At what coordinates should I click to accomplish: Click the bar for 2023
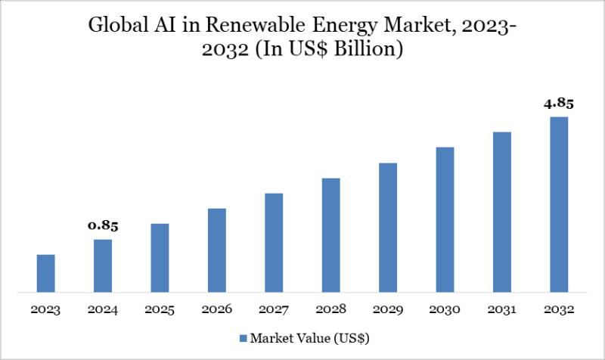(46, 273)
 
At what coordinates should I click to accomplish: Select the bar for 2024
(103, 265)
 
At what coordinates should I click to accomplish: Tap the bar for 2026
(217, 250)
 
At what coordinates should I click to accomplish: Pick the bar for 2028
(330, 234)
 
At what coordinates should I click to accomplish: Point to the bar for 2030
(445, 219)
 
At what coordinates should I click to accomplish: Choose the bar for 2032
(559, 204)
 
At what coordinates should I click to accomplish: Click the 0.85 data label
(103, 225)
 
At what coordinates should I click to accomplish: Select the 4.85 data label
(559, 104)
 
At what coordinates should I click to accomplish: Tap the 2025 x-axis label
(160, 310)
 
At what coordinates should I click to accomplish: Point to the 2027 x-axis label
(274, 310)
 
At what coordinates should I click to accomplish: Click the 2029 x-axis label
(388, 310)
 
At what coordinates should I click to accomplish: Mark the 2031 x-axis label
(502, 310)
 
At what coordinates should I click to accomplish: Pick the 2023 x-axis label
(46, 310)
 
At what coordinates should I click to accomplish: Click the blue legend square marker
(243, 337)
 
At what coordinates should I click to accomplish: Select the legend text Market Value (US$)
(309, 337)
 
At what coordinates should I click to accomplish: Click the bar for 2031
(502, 212)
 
